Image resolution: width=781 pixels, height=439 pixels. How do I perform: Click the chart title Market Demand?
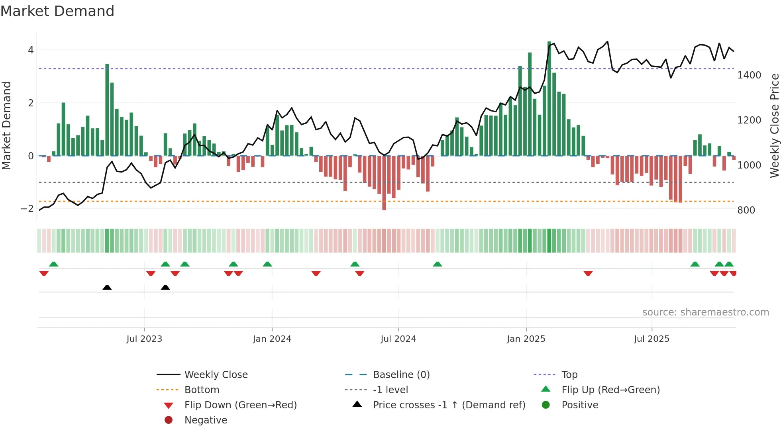tap(57, 11)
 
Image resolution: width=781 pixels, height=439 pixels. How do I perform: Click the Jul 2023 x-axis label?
tap(144, 339)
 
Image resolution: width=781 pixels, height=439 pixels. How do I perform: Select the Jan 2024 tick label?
tap(272, 339)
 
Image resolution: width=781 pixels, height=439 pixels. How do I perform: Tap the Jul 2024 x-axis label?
tap(398, 339)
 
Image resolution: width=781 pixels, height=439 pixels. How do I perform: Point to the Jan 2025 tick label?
tap(526, 339)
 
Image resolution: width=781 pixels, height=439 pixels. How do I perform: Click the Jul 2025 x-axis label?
tap(651, 339)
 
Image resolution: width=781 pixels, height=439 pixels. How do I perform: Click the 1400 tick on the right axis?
tap(749, 75)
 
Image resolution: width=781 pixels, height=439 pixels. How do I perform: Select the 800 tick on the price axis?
tap(746, 210)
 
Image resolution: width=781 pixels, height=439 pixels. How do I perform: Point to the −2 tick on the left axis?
tap(27, 209)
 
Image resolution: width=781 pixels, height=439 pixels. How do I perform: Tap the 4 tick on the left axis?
tap(31, 50)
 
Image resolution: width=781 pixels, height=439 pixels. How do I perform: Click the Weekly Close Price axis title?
tap(774, 125)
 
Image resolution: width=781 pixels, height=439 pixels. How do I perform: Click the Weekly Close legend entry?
tap(216, 375)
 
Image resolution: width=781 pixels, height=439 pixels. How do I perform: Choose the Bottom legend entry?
tap(202, 390)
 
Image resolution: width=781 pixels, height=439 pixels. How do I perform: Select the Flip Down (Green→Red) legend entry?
tap(240, 405)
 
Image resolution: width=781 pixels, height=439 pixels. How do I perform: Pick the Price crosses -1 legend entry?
tap(449, 405)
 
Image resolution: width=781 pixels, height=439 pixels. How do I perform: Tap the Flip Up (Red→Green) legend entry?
tap(610, 390)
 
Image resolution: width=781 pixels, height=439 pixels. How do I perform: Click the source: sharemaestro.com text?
tap(705, 312)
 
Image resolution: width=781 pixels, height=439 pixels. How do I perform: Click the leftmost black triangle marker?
tap(107, 287)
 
